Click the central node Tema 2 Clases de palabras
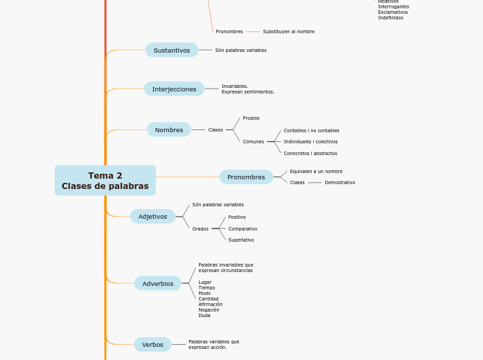(x=105, y=180)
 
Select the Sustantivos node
(x=171, y=50)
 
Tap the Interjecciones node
(x=174, y=89)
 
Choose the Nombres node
(x=168, y=129)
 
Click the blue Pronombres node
(x=246, y=177)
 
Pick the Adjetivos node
(x=152, y=216)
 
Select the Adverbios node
(x=157, y=283)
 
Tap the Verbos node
(x=152, y=344)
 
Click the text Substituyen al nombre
(x=288, y=31)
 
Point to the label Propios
(x=251, y=118)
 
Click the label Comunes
(x=253, y=141)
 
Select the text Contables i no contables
(x=311, y=130)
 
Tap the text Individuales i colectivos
(x=310, y=141)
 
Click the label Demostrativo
(x=340, y=182)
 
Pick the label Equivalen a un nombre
(x=316, y=171)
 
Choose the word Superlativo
(x=241, y=240)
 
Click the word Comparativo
(x=243, y=228)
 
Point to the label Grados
(x=200, y=228)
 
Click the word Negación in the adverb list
(x=209, y=309)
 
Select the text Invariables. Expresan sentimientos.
(x=247, y=89)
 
